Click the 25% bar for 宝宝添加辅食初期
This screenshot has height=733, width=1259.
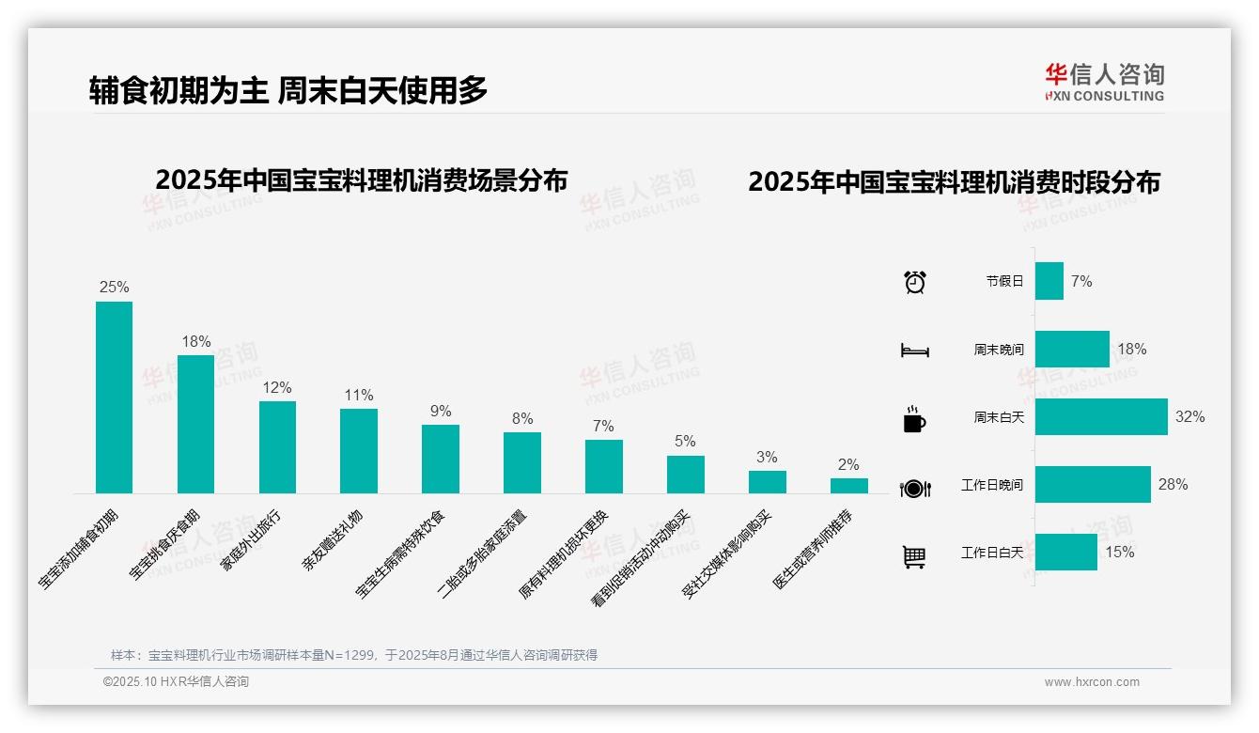tap(114, 397)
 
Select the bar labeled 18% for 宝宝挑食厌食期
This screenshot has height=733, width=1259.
tap(195, 423)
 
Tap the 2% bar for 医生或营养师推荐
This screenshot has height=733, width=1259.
tap(848, 485)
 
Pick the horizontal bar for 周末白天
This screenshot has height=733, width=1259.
tap(1100, 416)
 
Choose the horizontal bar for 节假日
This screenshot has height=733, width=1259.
tap(1049, 281)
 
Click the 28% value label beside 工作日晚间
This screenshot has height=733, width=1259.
tap(1173, 485)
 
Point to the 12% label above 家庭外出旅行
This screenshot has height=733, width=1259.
tap(277, 387)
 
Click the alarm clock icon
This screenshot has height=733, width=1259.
tap(914, 281)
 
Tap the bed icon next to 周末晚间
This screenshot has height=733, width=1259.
tap(914, 350)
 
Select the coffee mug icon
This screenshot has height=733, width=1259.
tap(914, 419)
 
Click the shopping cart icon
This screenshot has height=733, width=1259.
tap(914, 556)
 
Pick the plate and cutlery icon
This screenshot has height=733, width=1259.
tap(914, 488)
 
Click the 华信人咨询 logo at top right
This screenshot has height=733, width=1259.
tap(1104, 82)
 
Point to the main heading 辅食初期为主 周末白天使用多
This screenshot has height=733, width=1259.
tap(288, 90)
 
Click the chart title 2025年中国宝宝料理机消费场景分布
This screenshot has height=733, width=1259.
tap(361, 179)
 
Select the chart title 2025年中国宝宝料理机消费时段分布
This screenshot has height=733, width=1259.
tap(954, 181)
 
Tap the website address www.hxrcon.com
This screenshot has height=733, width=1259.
tap(1092, 682)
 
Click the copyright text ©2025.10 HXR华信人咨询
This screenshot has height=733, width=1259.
tap(176, 682)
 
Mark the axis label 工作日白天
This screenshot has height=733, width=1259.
tap(992, 553)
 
